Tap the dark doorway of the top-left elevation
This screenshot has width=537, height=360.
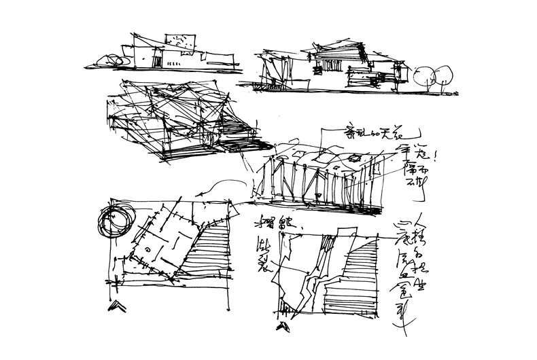tap(157, 62)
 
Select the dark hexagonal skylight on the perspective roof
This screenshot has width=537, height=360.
tap(355, 159)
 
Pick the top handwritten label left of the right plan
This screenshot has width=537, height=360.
tap(268, 222)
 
